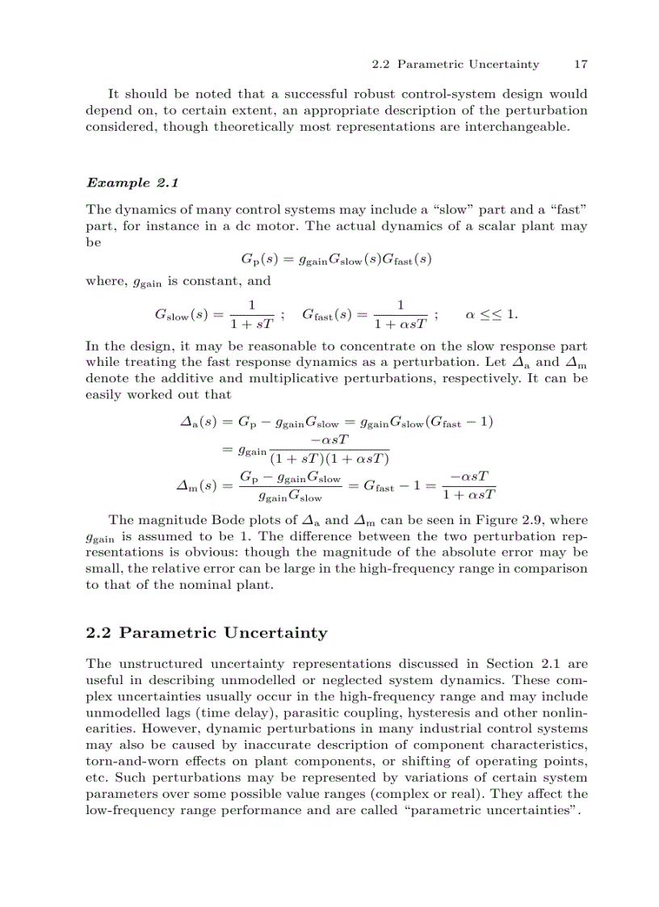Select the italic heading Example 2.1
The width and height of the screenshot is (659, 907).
(x=132, y=183)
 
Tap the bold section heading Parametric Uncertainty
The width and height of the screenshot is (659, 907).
(x=206, y=632)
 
